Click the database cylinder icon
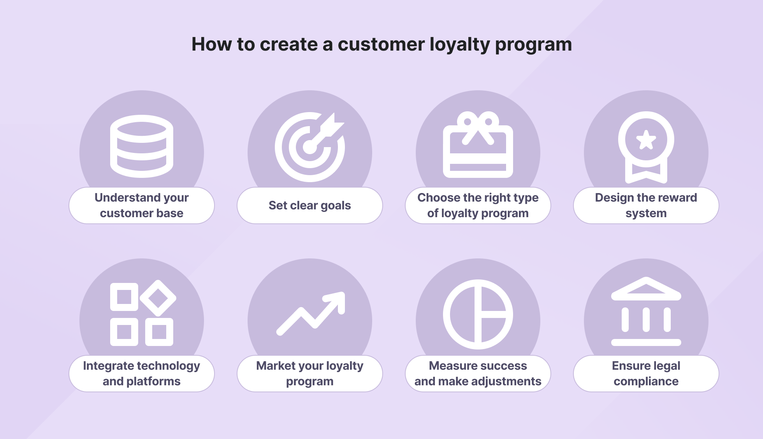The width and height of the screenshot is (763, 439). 142,146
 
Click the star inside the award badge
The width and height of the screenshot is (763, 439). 646,140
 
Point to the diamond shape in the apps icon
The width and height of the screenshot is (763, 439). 158,298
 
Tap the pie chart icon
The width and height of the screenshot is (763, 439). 478,314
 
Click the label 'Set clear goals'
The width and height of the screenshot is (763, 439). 310,205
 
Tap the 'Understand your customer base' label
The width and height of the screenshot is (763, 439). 142,205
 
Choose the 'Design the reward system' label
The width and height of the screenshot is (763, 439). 646,205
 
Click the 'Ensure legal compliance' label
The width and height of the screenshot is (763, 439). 646,374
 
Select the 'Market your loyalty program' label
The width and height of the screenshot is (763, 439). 310,374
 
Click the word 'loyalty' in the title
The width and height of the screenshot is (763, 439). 460,45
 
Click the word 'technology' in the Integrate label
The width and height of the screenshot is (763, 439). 171,366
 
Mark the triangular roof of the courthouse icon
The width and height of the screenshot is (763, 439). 646,289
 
